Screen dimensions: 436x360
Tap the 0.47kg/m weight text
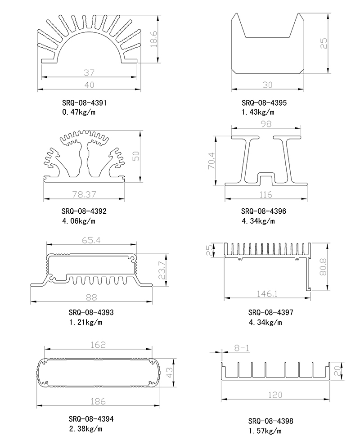tap(79, 112)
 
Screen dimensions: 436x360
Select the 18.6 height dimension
tap(153, 40)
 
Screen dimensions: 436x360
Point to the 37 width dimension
tap(89, 72)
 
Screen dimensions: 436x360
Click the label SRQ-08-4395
tap(264, 103)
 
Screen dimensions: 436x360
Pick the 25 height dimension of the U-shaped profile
tap(324, 43)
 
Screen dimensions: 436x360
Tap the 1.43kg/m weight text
tap(258, 112)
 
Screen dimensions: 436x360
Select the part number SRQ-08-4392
tap(84, 211)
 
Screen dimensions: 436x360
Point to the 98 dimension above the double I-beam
tap(266, 124)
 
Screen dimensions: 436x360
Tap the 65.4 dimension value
tap(91, 240)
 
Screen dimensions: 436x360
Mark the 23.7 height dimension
tap(161, 270)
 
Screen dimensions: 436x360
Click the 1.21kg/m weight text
tap(85, 322)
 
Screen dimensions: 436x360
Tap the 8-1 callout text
tap(242, 348)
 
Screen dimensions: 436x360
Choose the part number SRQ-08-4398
tap(270, 422)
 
